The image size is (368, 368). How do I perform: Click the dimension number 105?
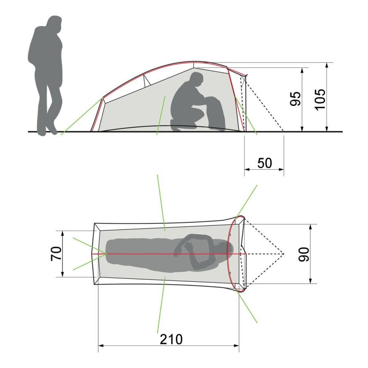tap(320, 99)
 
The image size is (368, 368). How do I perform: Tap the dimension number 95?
tap(295, 99)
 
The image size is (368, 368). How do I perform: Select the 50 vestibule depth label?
tap(265, 163)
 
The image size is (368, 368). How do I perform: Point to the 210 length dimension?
tap(171, 339)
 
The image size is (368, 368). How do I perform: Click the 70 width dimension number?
tap(56, 254)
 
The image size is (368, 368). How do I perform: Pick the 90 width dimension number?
tap(304, 254)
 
